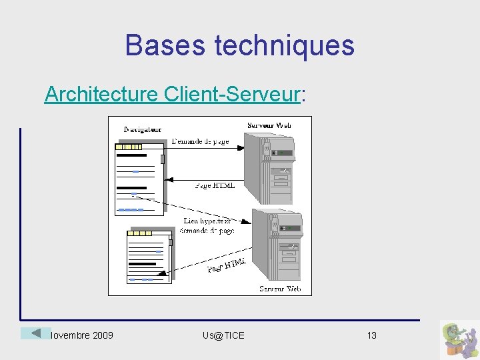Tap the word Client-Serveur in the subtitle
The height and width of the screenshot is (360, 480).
pyautogui.click(x=231, y=95)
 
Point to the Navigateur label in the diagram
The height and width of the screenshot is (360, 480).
pyautogui.click(x=143, y=129)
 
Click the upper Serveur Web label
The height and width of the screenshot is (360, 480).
pyautogui.click(x=269, y=125)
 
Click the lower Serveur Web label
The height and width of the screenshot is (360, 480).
pyautogui.click(x=280, y=289)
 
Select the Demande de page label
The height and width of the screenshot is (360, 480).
pyautogui.click(x=200, y=141)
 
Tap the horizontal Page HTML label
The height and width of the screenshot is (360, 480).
pyautogui.click(x=215, y=185)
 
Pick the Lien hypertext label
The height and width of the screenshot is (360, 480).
pyautogui.click(x=207, y=221)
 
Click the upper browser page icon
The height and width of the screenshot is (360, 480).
pyautogui.click(x=139, y=177)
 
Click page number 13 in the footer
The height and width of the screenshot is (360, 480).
pyautogui.click(x=372, y=335)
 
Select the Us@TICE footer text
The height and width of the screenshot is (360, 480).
pyautogui.click(x=223, y=335)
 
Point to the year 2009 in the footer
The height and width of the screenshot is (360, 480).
pyautogui.click(x=101, y=335)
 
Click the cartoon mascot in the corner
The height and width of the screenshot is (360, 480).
pyautogui.click(x=459, y=339)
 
